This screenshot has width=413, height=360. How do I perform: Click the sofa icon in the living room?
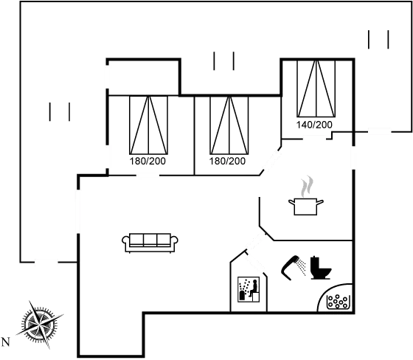tap(150, 240)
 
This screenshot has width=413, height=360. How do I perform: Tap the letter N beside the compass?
tap(6, 342)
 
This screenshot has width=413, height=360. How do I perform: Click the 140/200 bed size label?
tap(314, 125)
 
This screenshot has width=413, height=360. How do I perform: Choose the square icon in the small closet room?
tap(246, 288)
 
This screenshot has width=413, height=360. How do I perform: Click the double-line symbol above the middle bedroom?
tap(218, 60)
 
